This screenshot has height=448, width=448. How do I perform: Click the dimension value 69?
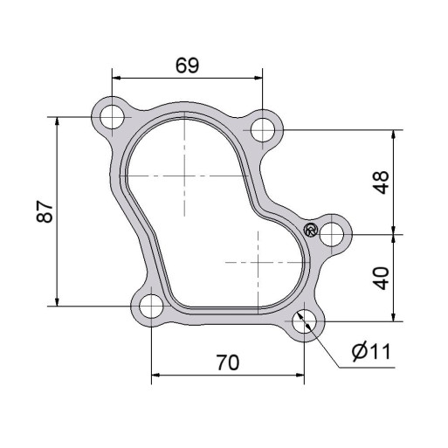click(x=187, y=65)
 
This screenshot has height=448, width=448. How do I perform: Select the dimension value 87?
click(x=45, y=211)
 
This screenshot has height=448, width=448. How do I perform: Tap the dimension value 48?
click(x=381, y=183)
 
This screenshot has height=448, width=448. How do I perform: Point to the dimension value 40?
click(x=381, y=279)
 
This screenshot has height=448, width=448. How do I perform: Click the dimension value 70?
click(x=228, y=362)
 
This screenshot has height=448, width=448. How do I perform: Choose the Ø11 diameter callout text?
click(x=370, y=352)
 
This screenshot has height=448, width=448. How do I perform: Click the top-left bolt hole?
click(x=112, y=117)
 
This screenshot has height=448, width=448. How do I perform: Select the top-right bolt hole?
click(x=263, y=130)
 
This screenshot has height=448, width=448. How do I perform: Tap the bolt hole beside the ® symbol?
click(x=332, y=234)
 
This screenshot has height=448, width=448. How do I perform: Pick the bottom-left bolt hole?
click(x=151, y=307)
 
